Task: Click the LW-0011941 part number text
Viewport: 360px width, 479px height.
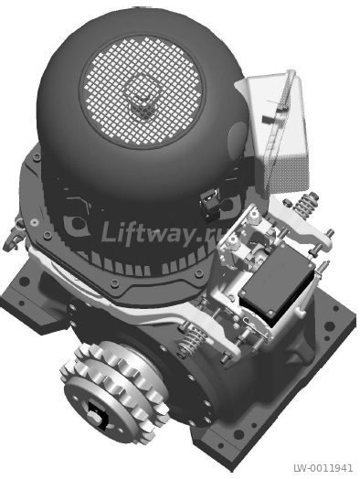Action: pyautogui.click(x=323, y=468)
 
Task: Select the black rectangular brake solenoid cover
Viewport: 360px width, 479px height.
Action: pyautogui.click(x=277, y=285)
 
